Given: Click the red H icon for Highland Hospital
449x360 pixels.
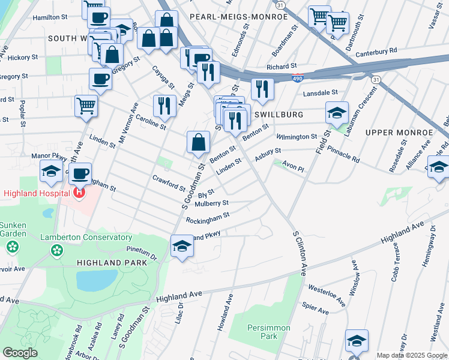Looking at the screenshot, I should point(78,193).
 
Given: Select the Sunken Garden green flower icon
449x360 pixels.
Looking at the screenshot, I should point(12,247).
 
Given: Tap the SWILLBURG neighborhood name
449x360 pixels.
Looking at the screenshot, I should point(277,114).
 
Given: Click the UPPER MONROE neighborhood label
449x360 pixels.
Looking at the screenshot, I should point(399,132).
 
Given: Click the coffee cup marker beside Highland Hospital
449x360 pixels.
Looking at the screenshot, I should point(79,174).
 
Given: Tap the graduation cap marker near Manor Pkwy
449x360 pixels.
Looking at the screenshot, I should point(52,172).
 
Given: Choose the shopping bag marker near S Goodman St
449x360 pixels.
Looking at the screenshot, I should point(198,143).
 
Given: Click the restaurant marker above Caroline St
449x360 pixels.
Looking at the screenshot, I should point(164,106).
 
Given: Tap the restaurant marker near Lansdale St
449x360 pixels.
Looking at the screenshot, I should point(262,89).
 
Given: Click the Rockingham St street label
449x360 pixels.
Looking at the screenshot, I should point(208,217).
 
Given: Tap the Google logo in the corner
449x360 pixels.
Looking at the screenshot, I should point(20,353).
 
